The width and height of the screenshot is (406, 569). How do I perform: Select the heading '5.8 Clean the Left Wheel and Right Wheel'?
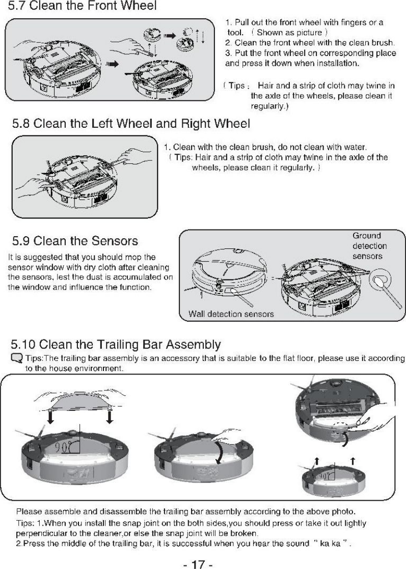[x=131, y=124]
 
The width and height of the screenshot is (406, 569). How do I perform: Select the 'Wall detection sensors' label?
[x=231, y=314]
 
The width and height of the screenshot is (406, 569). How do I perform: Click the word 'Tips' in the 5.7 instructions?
[x=235, y=86]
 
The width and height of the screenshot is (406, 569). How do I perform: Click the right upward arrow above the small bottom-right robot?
[x=353, y=460]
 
